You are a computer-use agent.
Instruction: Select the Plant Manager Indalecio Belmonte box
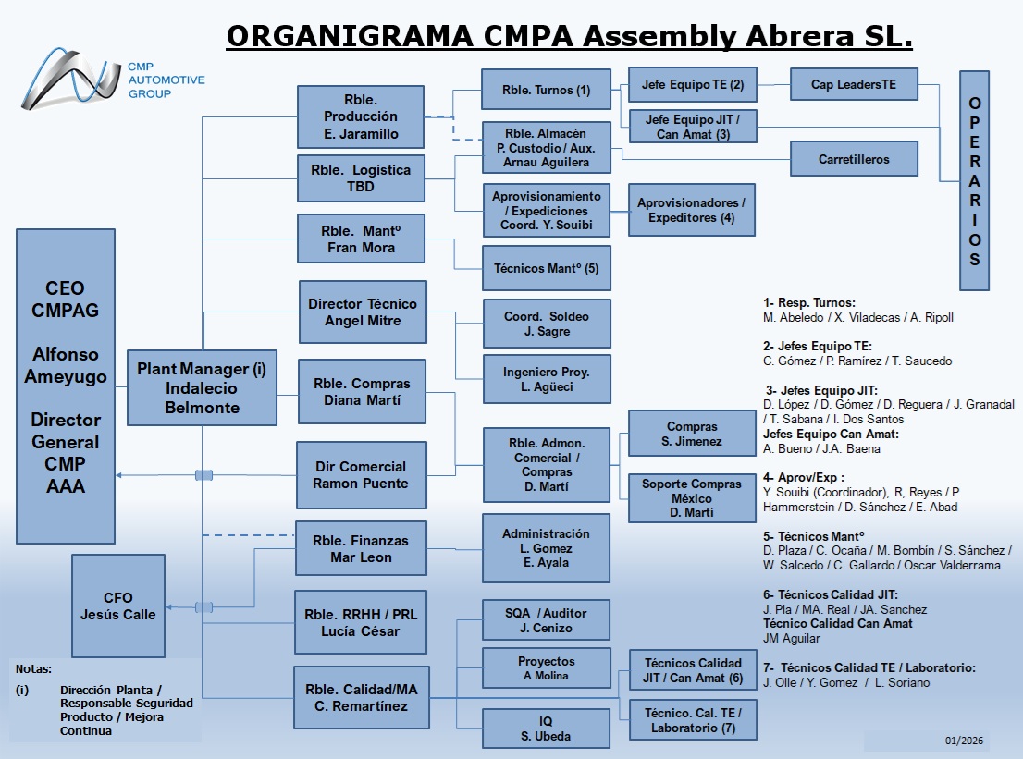[202, 386]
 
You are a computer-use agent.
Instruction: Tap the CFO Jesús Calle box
[118, 605]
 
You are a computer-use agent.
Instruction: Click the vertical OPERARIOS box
[974, 181]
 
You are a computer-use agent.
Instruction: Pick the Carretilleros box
[854, 159]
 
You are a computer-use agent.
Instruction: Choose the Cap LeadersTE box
[854, 84]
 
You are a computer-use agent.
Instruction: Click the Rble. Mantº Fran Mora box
[361, 239]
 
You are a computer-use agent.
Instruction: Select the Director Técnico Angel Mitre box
[362, 312]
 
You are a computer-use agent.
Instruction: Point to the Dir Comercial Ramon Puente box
[361, 474]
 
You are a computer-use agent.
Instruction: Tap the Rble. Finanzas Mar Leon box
[361, 548]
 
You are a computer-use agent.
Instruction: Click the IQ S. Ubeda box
[546, 728]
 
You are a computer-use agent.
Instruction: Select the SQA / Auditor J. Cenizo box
[546, 619]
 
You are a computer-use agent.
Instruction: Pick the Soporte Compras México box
[692, 497]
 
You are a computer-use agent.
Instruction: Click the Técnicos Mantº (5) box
[546, 268]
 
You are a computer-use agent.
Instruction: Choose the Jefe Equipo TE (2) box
[692, 84]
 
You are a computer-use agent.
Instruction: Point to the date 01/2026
[965, 741]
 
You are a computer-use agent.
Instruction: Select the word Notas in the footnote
[34, 668]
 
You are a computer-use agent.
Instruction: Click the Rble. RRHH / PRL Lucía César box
[361, 621]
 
